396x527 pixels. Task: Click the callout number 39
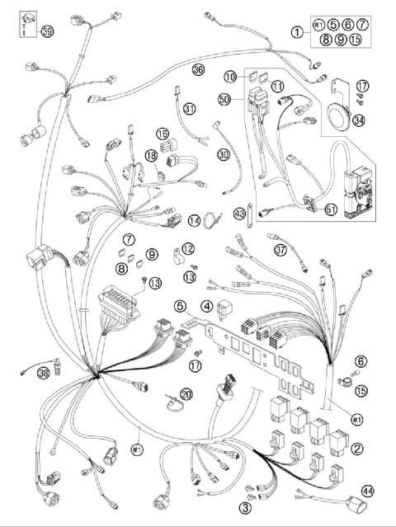click(47, 31)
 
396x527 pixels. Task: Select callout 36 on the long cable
click(198, 70)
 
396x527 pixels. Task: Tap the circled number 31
click(191, 108)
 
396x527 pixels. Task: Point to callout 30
click(223, 154)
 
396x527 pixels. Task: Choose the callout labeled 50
click(224, 99)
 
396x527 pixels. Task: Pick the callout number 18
click(151, 155)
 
